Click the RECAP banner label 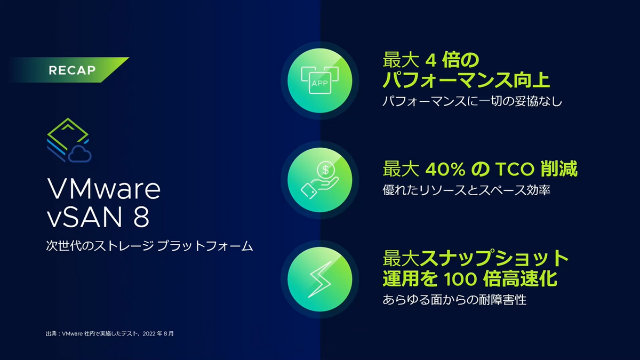click(x=72, y=70)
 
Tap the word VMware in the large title click(x=103, y=189)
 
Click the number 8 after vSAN click(x=141, y=217)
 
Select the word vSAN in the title click(x=85, y=217)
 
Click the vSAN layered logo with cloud click(x=69, y=140)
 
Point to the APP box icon click(x=319, y=80)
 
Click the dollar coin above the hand click(x=325, y=170)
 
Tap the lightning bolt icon click(x=319, y=279)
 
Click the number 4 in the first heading click(x=430, y=60)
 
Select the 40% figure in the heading click(x=445, y=169)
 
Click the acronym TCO click(x=515, y=169)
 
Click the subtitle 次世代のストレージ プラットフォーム click(x=149, y=246)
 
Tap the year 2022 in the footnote click(x=149, y=334)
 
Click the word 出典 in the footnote click(x=51, y=334)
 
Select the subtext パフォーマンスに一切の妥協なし click(x=473, y=101)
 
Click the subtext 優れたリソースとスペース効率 click(x=466, y=190)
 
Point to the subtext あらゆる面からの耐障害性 click(x=454, y=300)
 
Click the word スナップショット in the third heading click(x=494, y=258)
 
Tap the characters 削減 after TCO click(x=559, y=169)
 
